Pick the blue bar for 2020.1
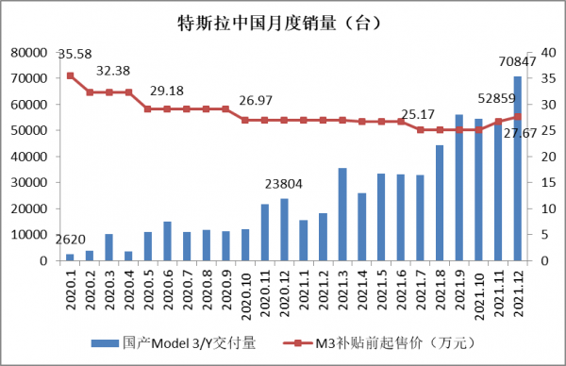70,257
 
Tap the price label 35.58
75,54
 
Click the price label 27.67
517,134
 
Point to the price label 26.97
257,100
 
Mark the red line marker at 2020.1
70,75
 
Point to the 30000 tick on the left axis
29,183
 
